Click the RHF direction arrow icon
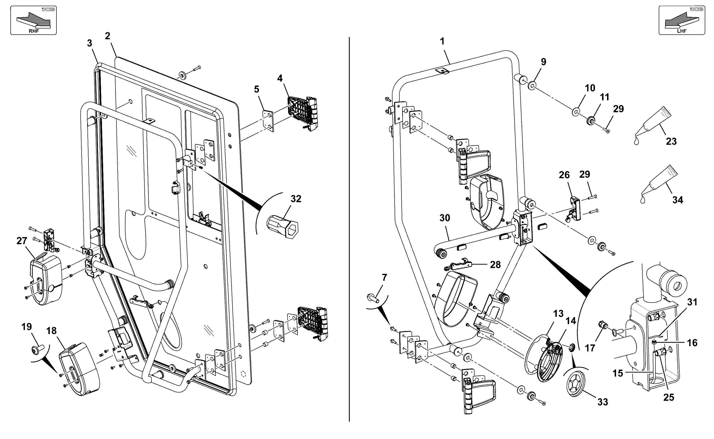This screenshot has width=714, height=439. [33, 20]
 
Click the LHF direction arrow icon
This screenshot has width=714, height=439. [682, 20]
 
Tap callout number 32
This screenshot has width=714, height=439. [296, 199]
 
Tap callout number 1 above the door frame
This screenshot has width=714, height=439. [442, 42]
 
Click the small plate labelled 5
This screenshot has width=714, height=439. [268, 121]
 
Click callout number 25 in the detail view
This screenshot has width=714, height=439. [669, 397]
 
